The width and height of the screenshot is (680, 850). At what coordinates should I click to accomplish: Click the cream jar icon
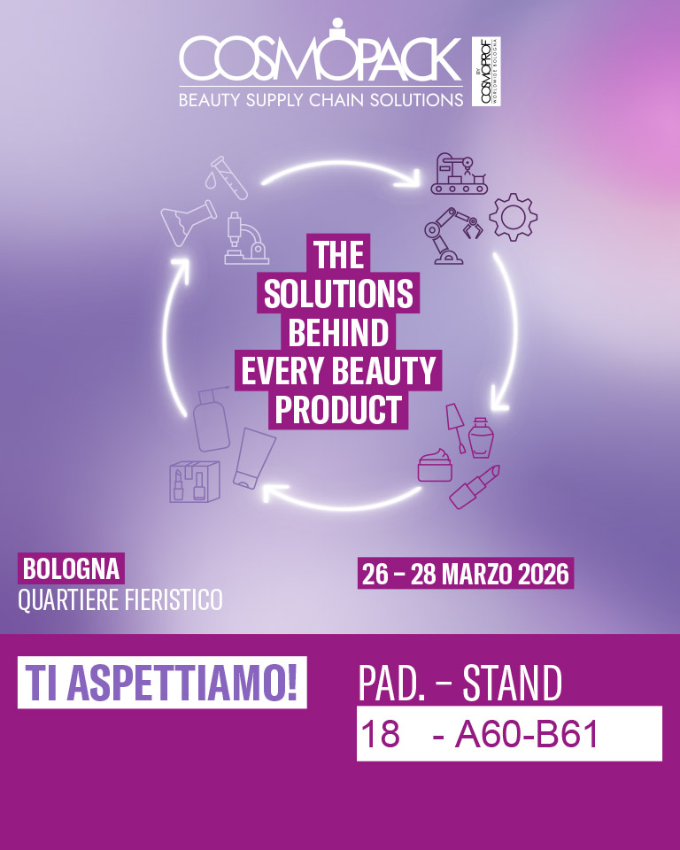pyautogui.click(x=435, y=466)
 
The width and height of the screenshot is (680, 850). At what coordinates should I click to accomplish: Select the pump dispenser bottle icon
pyautogui.click(x=210, y=417)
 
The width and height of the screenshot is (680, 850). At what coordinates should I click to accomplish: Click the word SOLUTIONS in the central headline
pyautogui.click(x=338, y=294)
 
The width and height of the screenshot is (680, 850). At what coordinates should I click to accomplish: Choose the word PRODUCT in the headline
pyautogui.click(x=338, y=410)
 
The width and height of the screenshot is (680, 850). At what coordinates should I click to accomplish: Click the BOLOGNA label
pyautogui.click(x=71, y=567)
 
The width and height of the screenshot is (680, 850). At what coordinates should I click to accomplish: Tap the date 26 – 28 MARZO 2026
pyautogui.click(x=466, y=573)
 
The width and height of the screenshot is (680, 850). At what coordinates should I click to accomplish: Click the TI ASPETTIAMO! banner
pyautogui.click(x=162, y=684)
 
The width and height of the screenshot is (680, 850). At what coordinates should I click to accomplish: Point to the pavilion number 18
pyautogui.click(x=379, y=734)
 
